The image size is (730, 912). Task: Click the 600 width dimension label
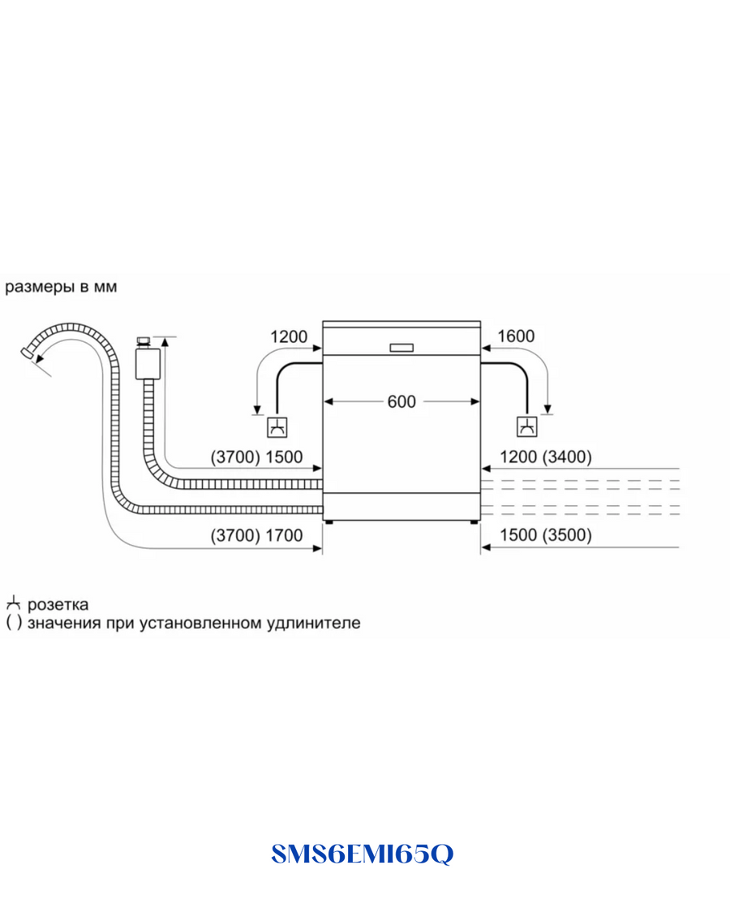[x=401, y=401]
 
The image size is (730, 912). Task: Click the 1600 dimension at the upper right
[x=516, y=336]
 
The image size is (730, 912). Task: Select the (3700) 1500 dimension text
[x=257, y=457]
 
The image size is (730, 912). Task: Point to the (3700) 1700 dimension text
[x=257, y=535]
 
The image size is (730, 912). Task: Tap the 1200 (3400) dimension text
[x=545, y=457]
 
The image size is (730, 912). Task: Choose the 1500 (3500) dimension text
[x=545, y=535]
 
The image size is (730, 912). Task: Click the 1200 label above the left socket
[x=289, y=336]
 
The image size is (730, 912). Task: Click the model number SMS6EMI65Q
[x=362, y=854]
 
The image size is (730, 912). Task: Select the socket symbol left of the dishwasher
[x=277, y=427]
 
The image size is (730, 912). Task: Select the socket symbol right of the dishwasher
[x=527, y=426]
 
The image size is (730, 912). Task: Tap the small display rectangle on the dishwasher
[x=401, y=348]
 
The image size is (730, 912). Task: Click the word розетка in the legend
[x=58, y=605]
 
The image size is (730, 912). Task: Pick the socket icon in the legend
[x=13, y=603]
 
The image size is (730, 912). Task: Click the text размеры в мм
[x=61, y=287]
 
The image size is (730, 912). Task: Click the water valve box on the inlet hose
[x=148, y=363]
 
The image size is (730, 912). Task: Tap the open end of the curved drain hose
[x=27, y=353]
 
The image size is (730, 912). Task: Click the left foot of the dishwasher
[x=329, y=522]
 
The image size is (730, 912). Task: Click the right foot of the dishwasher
[x=474, y=522]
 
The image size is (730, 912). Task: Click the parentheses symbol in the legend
[x=14, y=623]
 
